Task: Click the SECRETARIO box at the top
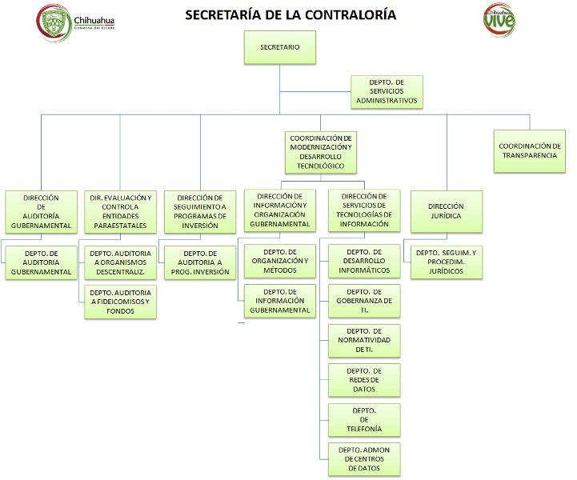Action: [279, 48]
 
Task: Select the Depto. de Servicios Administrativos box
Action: [387, 92]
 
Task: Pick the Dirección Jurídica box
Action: [446, 211]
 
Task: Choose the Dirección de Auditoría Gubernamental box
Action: [42, 211]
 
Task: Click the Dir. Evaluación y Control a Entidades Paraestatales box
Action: [121, 211]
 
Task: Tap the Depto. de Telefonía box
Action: [364, 419]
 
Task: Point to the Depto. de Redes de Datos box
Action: [364, 380]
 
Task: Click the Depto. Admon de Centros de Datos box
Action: [364, 458]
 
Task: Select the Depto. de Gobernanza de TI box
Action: [364, 301]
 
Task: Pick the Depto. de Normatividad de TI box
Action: [364, 341]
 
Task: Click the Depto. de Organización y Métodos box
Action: [276, 262]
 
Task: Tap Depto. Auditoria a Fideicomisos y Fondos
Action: [121, 301]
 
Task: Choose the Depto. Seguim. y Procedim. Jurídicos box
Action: [447, 262]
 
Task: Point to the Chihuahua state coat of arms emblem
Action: [53, 20]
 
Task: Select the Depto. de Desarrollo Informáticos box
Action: [364, 262]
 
